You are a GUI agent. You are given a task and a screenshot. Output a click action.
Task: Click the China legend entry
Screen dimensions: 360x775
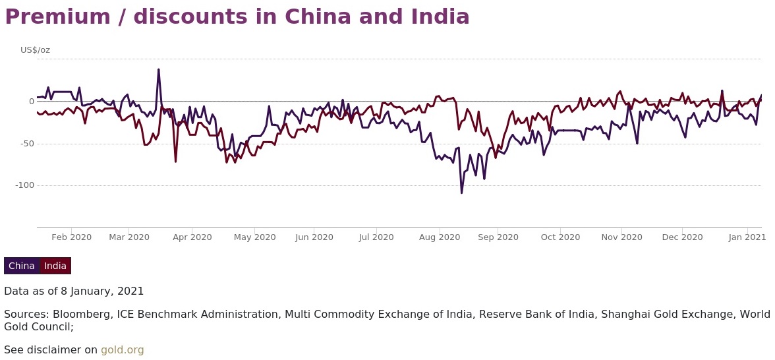[x=22, y=266]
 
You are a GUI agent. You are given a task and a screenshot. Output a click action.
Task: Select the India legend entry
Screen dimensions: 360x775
[x=55, y=266]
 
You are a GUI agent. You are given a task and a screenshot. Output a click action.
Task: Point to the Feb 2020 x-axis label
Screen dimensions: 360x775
[x=71, y=237]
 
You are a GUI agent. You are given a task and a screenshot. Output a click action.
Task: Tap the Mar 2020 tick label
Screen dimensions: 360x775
[x=129, y=237]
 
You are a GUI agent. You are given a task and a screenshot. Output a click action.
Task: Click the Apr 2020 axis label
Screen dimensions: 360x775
[x=192, y=237]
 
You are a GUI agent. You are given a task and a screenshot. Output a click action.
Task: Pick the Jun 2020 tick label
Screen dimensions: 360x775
[x=314, y=237]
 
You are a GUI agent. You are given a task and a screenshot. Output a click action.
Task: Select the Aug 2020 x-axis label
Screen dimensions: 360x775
[x=440, y=237]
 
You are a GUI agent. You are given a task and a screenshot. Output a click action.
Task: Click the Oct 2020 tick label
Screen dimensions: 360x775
[x=560, y=237]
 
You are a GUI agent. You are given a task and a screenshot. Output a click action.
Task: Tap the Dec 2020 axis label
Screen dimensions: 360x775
[x=682, y=237]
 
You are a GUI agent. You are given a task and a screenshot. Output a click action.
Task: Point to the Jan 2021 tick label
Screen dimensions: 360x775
[x=747, y=237]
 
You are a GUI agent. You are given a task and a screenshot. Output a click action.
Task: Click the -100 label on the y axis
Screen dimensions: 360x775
[x=24, y=185]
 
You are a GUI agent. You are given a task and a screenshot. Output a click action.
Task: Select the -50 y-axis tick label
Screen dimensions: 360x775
[x=26, y=143]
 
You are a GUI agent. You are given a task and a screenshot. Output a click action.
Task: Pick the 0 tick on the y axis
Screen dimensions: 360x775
[x=31, y=101]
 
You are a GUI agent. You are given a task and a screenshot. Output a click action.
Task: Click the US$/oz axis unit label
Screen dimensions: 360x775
[x=35, y=50]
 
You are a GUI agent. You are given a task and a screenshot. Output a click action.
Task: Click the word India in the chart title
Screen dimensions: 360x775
[x=436, y=17]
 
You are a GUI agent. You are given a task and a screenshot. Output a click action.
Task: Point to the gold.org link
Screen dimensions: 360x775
[x=122, y=350]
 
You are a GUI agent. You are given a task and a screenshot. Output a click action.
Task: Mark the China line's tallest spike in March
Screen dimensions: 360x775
[x=158, y=69]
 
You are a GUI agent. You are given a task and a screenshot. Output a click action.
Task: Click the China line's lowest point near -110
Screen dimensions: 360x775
[x=461, y=193]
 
